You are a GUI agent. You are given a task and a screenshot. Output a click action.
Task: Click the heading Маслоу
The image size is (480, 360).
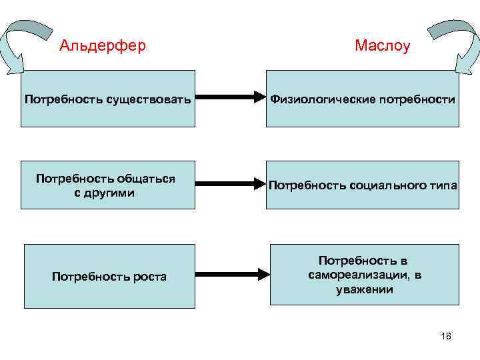pyautogui.click(x=382, y=46)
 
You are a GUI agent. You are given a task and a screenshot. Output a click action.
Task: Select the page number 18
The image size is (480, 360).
pyautogui.click(x=446, y=337)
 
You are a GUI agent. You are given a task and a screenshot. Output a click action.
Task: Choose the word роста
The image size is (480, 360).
pyautogui.click(x=151, y=277)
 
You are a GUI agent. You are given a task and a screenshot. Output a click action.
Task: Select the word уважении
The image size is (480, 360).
pyautogui.click(x=365, y=289)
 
